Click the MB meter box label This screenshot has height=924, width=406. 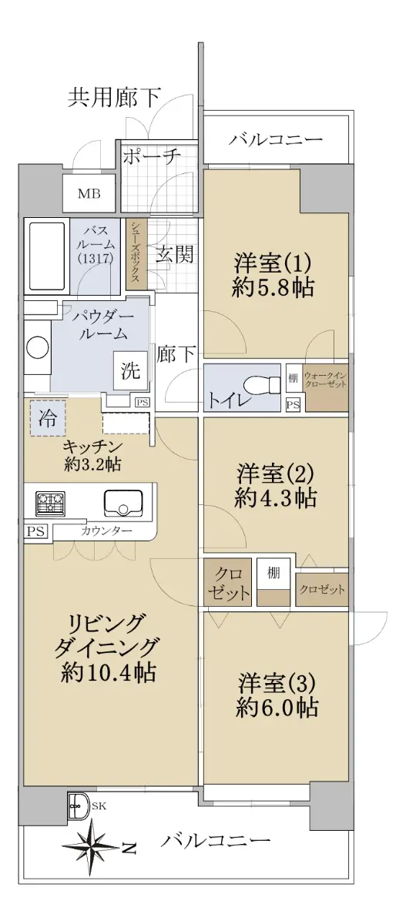(89, 193)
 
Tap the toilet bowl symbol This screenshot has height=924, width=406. (260, 385)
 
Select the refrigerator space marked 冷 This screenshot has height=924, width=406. (48, 418)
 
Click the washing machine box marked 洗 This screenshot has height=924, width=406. (130, 370)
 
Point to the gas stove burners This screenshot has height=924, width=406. (50, 504)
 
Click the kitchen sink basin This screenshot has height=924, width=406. (123, 502)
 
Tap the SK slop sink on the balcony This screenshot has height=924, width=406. (79, 805)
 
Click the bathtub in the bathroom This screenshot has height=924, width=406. (47, 256)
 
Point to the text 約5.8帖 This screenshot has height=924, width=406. (273, 287)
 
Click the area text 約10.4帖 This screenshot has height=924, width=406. (109, 672)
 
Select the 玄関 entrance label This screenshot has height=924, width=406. (175, 253)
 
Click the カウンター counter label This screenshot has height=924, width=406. (106, 531)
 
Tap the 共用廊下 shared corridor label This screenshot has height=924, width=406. (114, 98)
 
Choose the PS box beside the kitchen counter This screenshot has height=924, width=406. (36, 531)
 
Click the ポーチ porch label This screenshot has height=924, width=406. (152, 156)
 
